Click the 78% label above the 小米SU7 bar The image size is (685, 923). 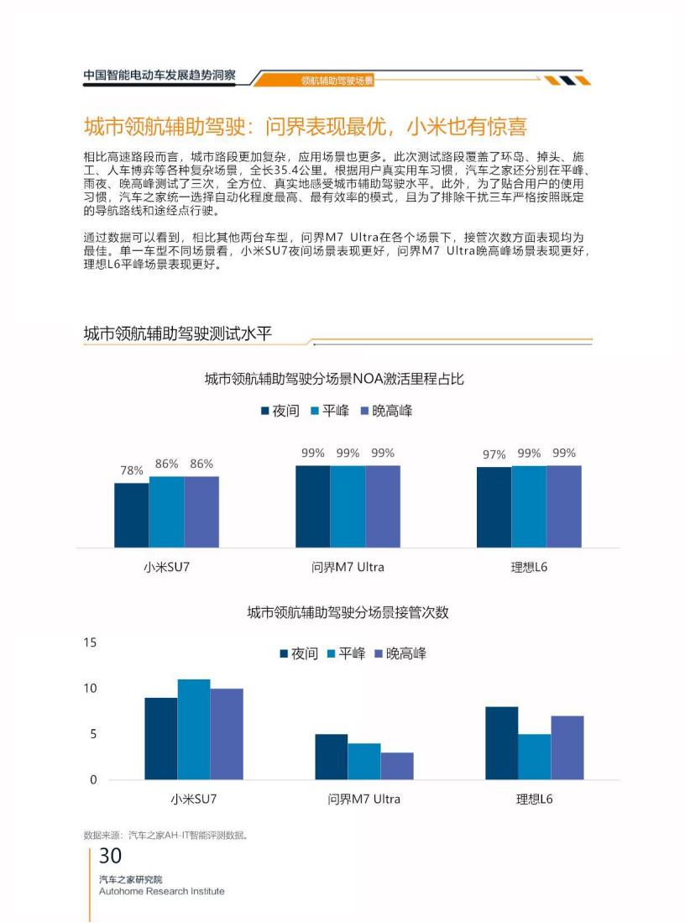(x=132, y=471)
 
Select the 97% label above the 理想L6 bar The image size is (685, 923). (x=494, y=454)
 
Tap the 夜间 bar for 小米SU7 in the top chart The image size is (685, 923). (x=132, y=515)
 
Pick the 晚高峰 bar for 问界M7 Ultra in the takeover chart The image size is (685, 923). (x=397, y=766)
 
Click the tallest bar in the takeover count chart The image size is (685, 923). (x=194, y=729)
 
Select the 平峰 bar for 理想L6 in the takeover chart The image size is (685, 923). (x=534, y=757)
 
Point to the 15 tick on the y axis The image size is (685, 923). (x=90, y=642)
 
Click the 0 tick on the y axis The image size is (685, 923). (x=93, y=779)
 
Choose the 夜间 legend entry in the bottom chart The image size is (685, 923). (x=298, y=654)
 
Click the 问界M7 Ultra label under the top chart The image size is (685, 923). (x=348, y=567)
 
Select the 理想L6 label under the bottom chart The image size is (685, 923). (x=534, y=800)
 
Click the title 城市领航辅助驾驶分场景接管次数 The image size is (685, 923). (x=348, y=613)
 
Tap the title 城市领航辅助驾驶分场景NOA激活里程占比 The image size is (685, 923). (x=334, y=379)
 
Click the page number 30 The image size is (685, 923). (x=110, y=857)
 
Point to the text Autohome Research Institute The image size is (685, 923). (x=161, y=891)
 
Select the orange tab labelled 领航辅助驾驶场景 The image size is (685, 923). (x=337, y=81)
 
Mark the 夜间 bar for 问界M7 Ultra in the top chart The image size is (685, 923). (x=312, y=506)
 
